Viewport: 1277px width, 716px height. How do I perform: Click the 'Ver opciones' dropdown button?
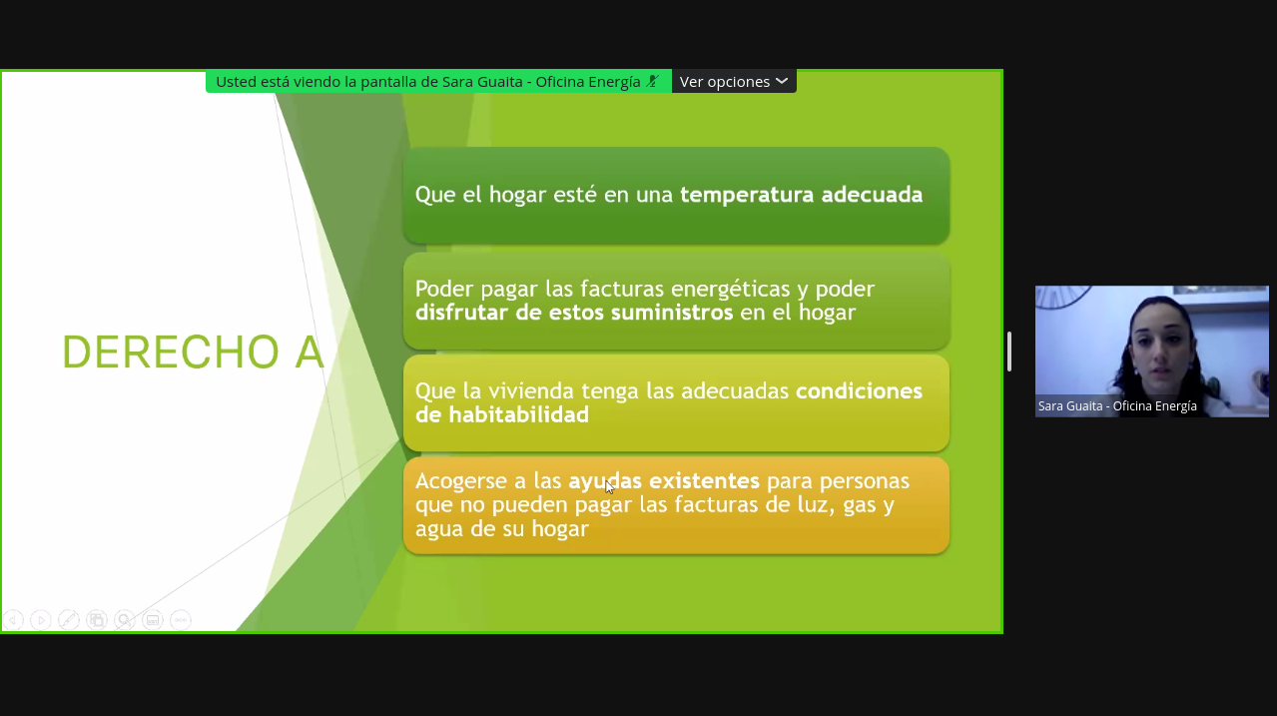734,82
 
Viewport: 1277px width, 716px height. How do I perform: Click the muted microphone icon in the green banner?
653,82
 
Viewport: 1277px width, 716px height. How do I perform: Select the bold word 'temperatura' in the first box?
747,195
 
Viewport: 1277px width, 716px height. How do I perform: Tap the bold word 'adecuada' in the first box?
872,195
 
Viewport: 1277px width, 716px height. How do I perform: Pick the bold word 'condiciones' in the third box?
859,391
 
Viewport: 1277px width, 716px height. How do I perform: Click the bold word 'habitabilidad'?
519,414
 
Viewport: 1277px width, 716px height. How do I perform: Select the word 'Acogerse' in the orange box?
461,481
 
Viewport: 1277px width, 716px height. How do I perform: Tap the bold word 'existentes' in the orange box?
704,481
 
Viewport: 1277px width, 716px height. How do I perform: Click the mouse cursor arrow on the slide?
609,487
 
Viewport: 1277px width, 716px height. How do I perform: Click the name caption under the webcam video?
1117,406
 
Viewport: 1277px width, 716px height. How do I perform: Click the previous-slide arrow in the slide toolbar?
13,620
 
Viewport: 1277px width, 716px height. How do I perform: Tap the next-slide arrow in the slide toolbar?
41,620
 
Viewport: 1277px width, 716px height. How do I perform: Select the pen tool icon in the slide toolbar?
69,620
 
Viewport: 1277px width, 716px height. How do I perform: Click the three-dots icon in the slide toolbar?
181,620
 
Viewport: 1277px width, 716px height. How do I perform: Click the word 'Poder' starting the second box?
444,289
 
